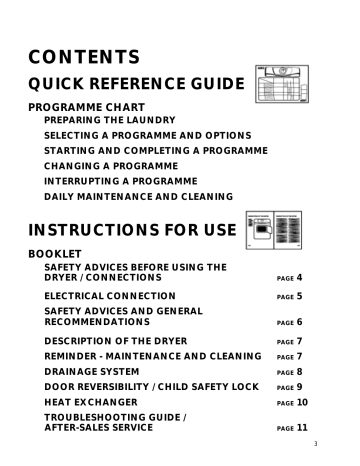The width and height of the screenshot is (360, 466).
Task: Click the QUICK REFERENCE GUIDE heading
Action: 136,86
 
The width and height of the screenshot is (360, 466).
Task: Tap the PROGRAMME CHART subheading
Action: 86,106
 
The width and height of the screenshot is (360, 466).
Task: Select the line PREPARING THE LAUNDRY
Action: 110,119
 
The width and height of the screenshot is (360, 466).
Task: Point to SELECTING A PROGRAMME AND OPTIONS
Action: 147,134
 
